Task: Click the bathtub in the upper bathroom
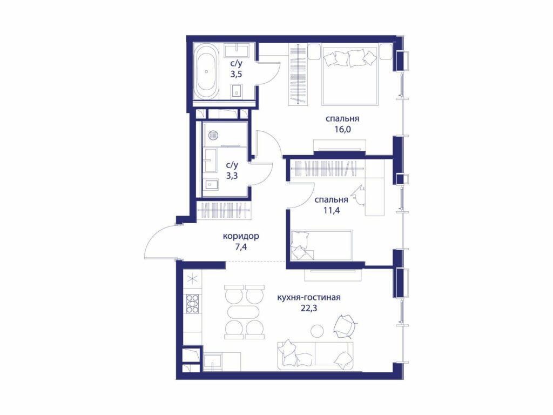point(206,72)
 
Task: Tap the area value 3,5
point(236,74)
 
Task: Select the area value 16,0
point(343,129)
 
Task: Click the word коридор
point(241,236)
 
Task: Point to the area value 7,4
point(241,246)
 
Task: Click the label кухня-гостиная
point(308,298)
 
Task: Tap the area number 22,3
point(309,308)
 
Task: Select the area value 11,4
point(332,211)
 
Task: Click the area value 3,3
point(232,176)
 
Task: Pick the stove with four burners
point(193,304)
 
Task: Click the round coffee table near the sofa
point(317,330)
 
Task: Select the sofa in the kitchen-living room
point(315,356)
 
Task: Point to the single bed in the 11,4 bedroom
point(321,245)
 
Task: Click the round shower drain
point(213,135)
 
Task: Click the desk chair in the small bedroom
point(360,196)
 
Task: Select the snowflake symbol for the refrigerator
point(193,279)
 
